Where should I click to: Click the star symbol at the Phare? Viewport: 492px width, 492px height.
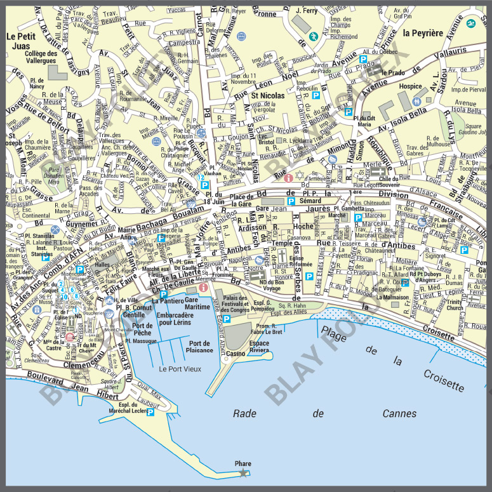(243, 473)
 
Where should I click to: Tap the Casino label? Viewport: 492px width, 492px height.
(236, 353)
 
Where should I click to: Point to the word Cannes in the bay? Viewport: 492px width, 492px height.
(399, 413)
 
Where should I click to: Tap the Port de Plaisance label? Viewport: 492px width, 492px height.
(200, 347)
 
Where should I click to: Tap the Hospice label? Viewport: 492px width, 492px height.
(411, 86)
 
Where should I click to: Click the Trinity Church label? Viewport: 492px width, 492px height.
(455, 305)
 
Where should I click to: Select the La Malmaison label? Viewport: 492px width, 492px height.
(392, 296)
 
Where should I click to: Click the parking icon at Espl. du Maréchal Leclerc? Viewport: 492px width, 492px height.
(150, 412)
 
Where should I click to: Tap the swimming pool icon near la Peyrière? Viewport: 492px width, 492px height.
(470, 24)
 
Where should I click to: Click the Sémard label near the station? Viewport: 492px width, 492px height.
(310, 201)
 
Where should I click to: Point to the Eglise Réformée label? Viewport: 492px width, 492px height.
(300, 262)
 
